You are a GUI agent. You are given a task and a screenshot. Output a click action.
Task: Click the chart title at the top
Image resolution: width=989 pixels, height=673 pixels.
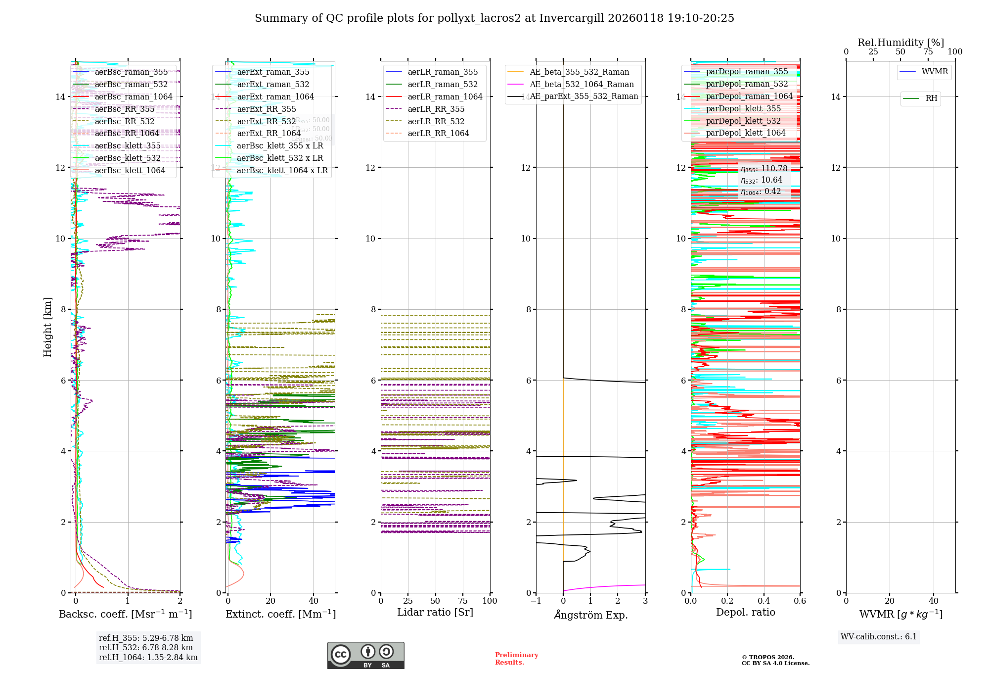tap(494, 18)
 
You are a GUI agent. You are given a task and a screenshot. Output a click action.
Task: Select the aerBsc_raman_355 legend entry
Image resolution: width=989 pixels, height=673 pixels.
tap(131, 72)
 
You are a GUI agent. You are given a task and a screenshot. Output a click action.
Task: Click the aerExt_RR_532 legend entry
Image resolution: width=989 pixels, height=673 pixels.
tap(267, 121)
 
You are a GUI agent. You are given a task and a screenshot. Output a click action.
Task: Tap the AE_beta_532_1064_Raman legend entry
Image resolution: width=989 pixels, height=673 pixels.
tap(582, 85)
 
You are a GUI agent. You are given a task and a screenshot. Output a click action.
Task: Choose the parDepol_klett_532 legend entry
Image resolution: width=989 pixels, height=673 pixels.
tap(743, 121)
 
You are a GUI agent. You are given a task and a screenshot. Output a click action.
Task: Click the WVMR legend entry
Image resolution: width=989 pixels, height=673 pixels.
tap(935, 72)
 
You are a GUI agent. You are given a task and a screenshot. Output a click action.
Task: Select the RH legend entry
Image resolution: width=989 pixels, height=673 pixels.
tap(931, 98)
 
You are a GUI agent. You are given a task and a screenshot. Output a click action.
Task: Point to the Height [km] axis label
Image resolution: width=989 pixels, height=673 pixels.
tap(47, 327)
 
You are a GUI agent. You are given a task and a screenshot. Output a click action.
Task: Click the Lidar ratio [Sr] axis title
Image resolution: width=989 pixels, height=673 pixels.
tap(435, 613)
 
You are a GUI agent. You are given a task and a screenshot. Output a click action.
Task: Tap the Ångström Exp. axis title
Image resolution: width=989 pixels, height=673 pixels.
tap(591, 615)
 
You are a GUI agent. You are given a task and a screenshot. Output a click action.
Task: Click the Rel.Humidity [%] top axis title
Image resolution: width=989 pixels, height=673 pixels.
tap(900, 43)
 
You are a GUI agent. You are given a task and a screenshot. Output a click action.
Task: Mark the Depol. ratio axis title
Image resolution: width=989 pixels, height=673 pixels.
tap(746, 613)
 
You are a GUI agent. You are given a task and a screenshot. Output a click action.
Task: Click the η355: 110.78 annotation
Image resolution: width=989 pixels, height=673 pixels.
tap(764, 169)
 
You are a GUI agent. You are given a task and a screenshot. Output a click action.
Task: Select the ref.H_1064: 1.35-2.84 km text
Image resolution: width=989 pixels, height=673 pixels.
tap(148, 658)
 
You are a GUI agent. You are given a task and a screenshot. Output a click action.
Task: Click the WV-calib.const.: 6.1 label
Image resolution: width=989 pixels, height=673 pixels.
tap(879, 637)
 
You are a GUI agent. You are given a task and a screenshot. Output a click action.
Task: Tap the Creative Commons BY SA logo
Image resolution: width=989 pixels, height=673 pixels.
tap(365, 655)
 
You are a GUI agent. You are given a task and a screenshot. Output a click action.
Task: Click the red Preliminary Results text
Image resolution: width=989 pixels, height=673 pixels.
tap(516, 659)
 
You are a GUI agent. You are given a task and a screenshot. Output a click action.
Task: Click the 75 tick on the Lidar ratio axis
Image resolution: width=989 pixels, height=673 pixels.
tap(463, 601)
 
